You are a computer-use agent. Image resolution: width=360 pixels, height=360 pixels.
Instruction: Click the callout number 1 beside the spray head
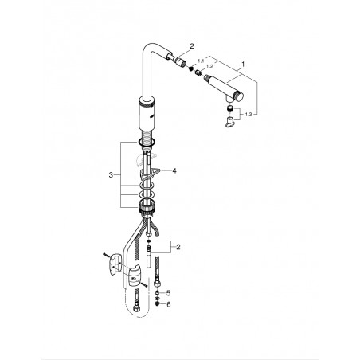(x=243, y=64)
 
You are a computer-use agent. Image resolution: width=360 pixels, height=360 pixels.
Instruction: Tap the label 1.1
(x=202, y=61)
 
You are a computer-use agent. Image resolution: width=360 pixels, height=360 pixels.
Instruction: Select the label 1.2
(x=209, y=66)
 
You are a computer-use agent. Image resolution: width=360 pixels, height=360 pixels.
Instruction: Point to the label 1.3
(x=248, y=115)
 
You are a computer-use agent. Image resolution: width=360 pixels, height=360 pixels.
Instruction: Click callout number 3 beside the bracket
(x=111, y=175)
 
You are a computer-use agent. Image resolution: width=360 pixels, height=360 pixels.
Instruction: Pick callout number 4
(x=174, y=170)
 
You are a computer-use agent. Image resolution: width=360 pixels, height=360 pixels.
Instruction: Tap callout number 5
(x=168, y=293)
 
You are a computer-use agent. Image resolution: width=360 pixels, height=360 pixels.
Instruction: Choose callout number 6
(x=169, y=304)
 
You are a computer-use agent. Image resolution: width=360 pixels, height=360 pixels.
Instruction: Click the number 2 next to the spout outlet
(x=192, y=46)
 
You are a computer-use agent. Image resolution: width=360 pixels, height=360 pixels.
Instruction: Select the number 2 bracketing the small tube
(x=178, y=247)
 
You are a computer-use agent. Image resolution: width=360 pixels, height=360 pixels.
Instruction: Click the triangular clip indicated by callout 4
(x=149, y=174)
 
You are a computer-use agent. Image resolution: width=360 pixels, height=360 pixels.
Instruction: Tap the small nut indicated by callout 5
(x=157, y=293)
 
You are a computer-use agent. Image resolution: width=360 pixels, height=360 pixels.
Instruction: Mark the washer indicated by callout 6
(x=157, y=303)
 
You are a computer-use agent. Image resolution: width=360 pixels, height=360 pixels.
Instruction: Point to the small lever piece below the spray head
(x=230, y=123)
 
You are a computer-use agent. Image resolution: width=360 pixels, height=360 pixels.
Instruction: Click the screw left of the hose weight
(x=106, y=255)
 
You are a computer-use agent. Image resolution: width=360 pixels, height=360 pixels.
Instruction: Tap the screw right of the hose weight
(x=144, y=285)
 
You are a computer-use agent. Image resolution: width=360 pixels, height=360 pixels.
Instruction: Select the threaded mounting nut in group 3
(x=146, y=207)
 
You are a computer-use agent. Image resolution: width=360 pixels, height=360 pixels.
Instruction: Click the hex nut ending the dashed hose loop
(x=137, y=308)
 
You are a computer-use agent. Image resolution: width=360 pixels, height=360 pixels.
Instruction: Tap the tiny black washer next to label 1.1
(x=190, y=69)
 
